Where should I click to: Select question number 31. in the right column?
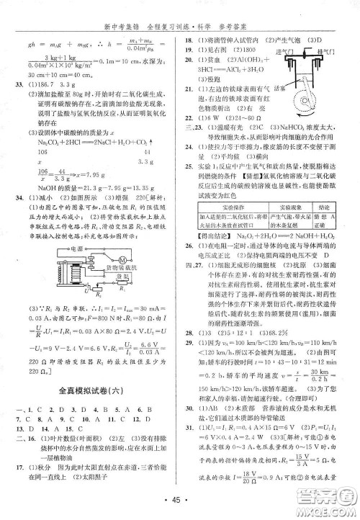point(189,428)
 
